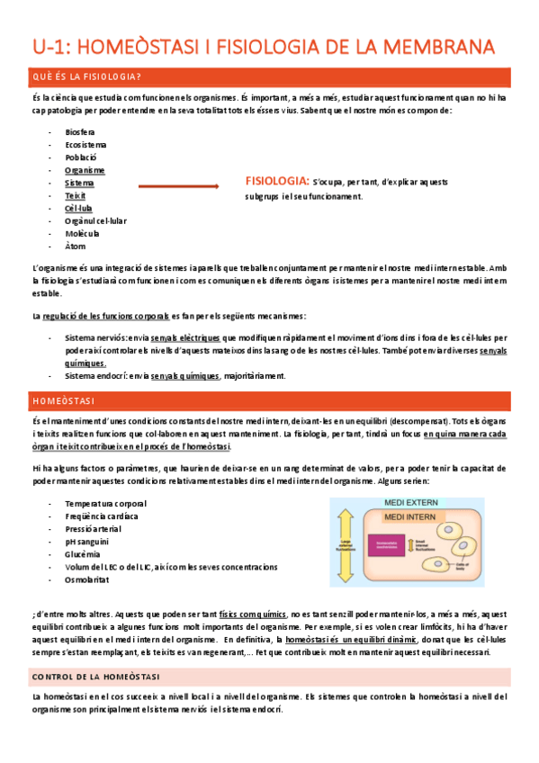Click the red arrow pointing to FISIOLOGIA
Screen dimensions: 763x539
pos(178,187)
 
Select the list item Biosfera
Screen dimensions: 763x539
pos(80,131)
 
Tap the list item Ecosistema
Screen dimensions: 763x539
pos(85,144)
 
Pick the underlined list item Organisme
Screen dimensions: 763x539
pos(85,170)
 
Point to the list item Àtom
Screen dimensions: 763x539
pos(76,246)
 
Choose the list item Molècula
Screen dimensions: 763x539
pos(82,233)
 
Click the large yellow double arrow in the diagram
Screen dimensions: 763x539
pos(346,544)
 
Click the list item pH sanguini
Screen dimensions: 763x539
pos(87,542)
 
